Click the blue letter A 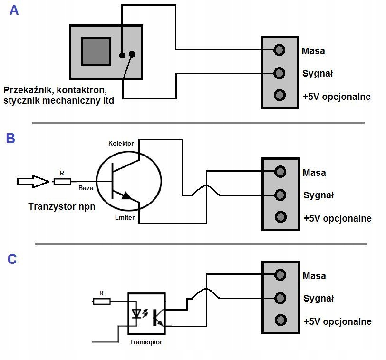point(14,10)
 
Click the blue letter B point(10,138)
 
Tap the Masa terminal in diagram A point(280,49)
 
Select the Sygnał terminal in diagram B point(280,195)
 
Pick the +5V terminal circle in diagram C point(280,320)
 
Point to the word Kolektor point(121,143)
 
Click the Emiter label point(125,217)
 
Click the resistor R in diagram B point(62,181)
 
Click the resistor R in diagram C point(101,301)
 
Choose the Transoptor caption point(145,341)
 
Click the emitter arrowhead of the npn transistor point(126,195)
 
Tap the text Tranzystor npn point(60,206)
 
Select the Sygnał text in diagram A point(318,73)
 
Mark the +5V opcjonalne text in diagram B point(337,218)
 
